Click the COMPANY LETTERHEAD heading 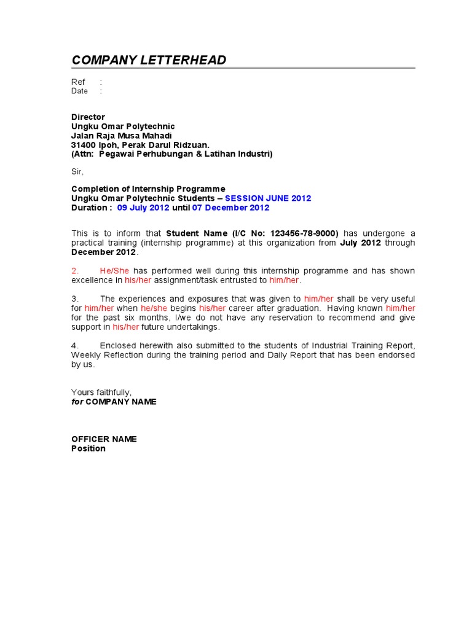pos(149,60)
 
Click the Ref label pos(78,82)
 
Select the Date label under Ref pos(79,91)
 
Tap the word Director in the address pos(88,117)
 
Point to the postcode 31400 pos(83,144)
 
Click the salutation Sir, pos(77,171)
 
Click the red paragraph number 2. pos(75,271)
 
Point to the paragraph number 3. pos(75,299)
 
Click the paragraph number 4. pos(75,346)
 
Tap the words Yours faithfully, pos(101,392)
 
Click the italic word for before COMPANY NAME pos(77,401)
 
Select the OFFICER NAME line pos(104,439)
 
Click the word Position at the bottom pos(88,448)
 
